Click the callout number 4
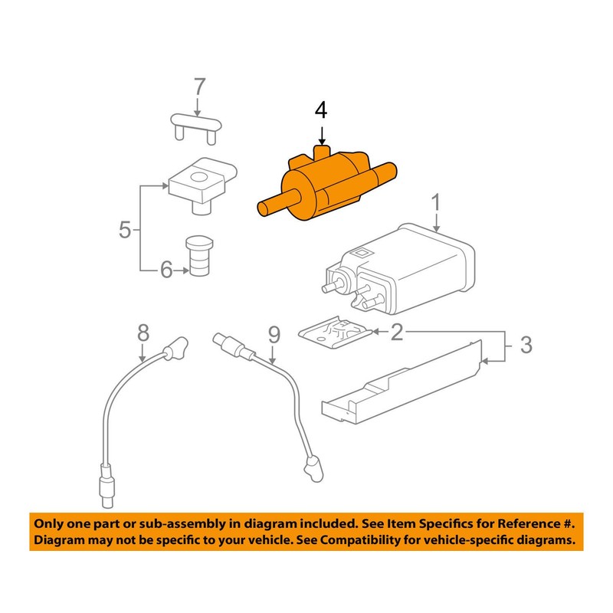321,110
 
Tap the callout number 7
199,87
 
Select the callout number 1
436,203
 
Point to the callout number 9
274,335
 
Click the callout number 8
143,333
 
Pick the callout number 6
166,270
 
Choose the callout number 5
125,229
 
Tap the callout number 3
526,345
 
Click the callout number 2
397,332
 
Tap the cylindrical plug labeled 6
199,256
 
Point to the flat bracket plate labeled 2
336,333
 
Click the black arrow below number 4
321,136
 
